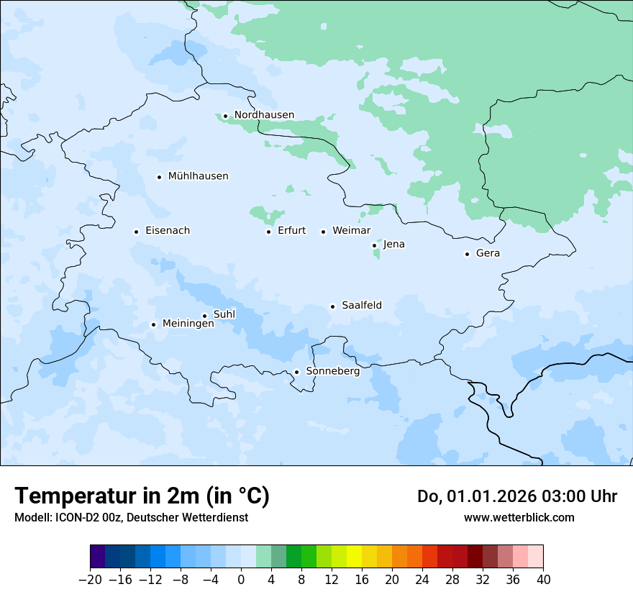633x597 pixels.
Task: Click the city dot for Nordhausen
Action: click(225, 116)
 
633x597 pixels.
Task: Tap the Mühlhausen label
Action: click(198, 176)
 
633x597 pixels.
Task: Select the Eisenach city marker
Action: click(136, 232)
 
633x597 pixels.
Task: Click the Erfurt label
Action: click(291, 231)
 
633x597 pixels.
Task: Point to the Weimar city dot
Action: click(323, 232)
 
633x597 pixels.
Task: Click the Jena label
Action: click(393, 245)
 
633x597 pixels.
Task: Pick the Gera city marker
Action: click(467, 254)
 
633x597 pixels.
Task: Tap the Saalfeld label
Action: click(361, 306)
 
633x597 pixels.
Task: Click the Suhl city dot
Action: click(204, 316)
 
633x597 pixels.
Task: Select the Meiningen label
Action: click(188, 324)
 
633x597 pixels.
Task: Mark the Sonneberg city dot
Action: click(296, 373)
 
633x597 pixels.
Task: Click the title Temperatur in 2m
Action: click(142, 496)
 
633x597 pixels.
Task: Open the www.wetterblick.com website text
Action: click(519, 517)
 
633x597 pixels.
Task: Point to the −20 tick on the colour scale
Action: click(90, 578)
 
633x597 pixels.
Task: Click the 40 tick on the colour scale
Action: click(543, 578)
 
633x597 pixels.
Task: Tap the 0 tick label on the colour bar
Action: click(241, 578)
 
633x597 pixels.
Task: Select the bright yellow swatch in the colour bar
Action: click(354, 557)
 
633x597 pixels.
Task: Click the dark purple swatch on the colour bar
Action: click(98, 557)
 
